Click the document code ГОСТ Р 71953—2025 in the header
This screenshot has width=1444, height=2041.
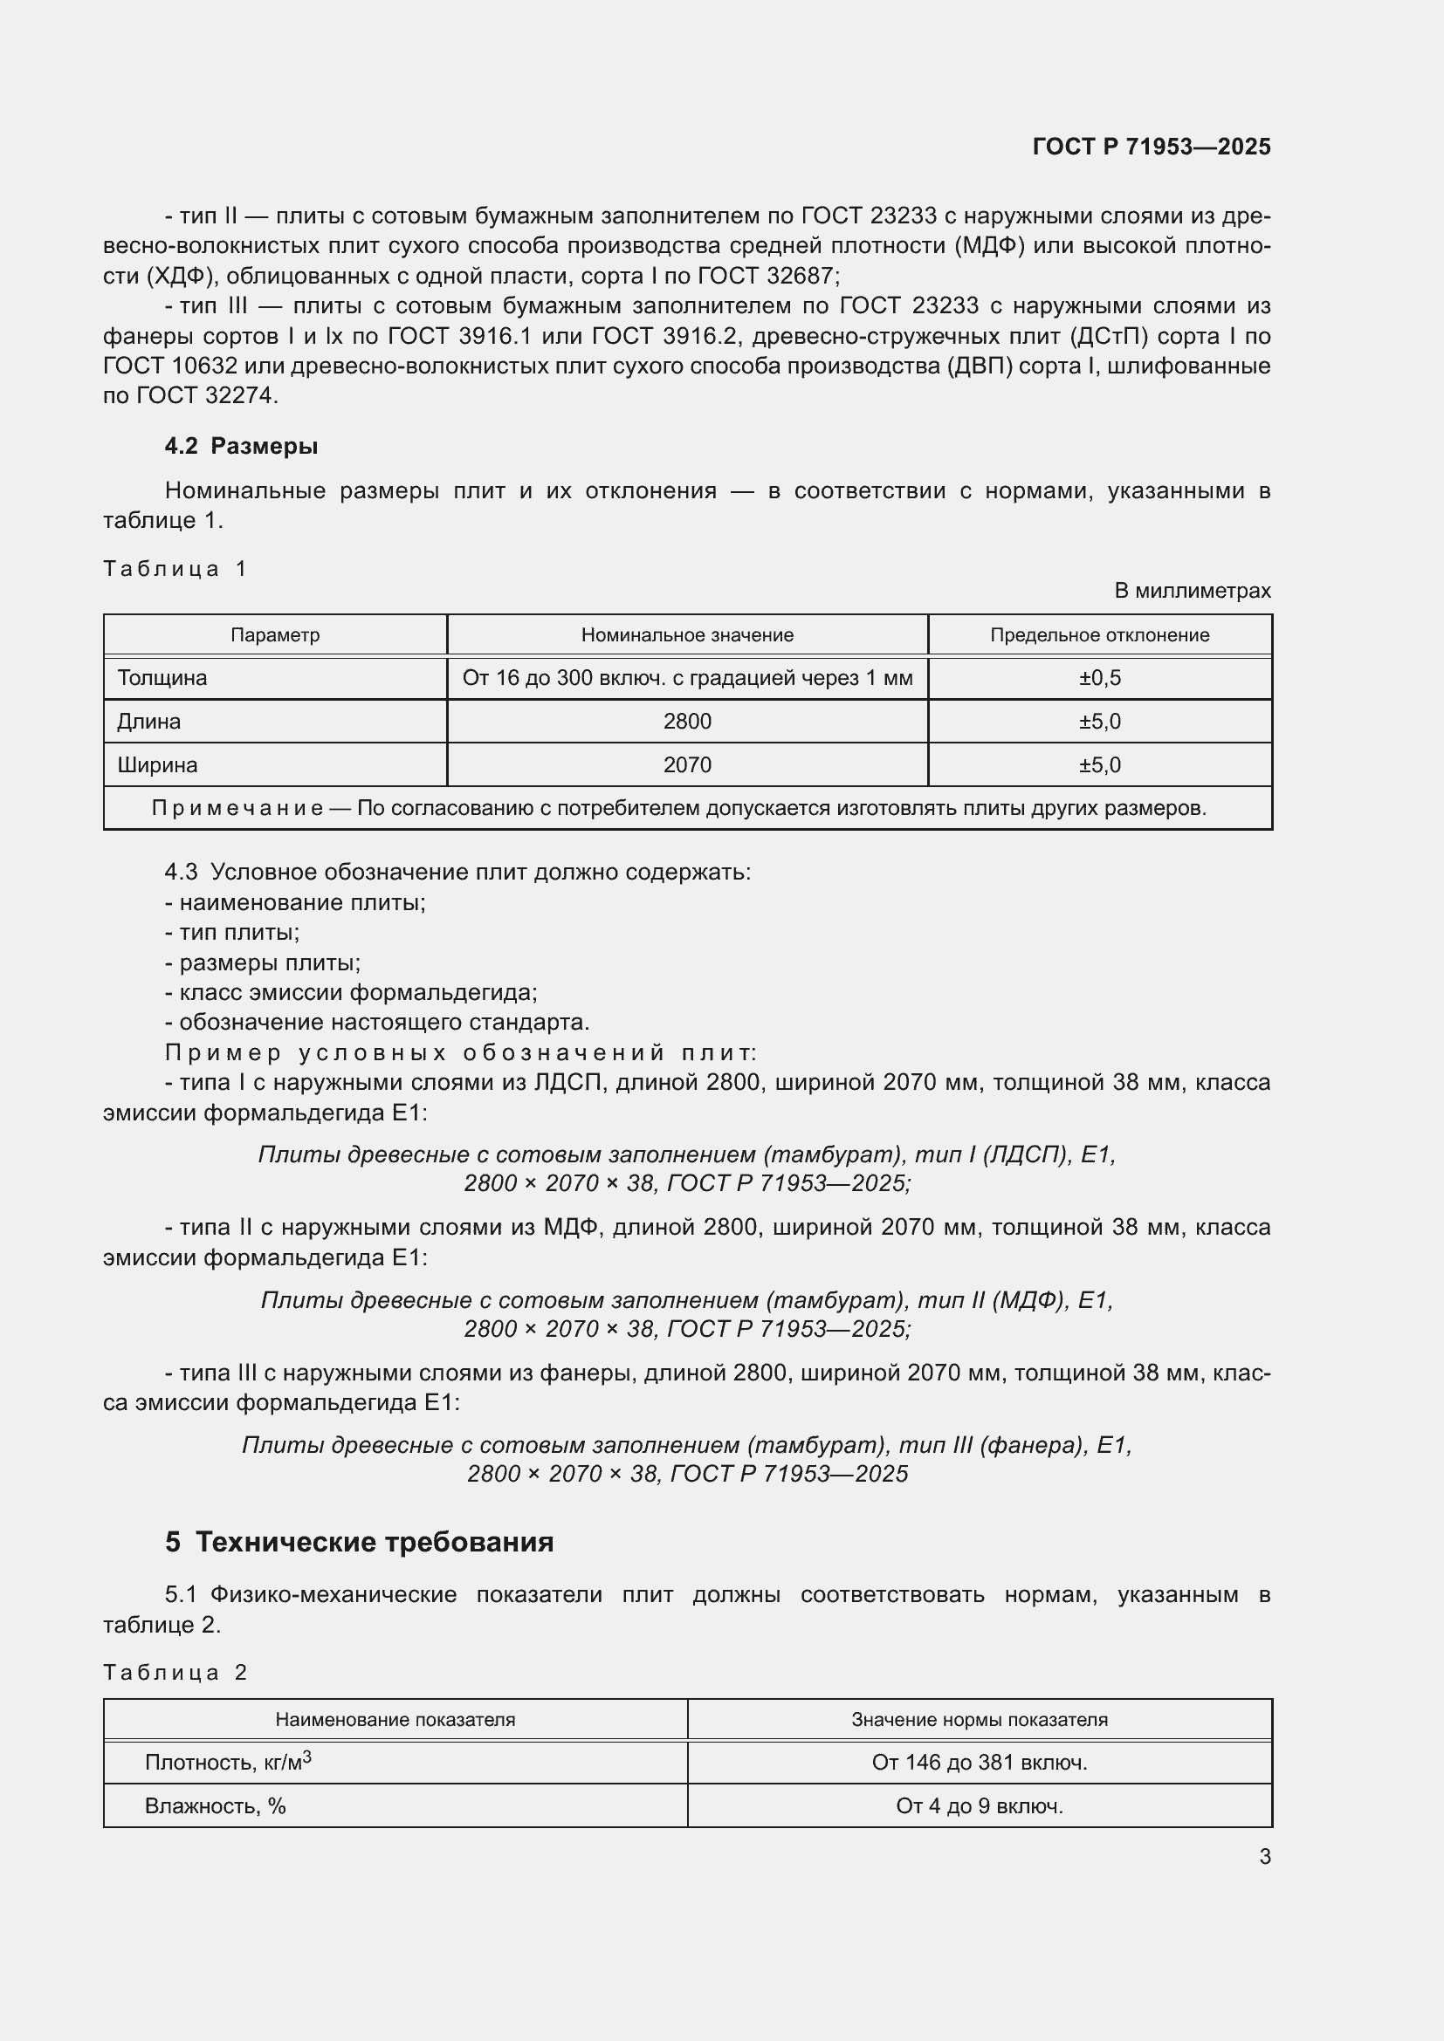(x=1151, y=147)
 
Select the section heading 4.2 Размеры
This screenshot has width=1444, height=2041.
(x=241, y=446)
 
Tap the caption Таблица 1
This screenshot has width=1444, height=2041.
(x=175, y=569)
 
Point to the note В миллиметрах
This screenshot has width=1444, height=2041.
(x=1192, y=591)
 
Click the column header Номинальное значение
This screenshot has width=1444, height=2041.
(x=686, y=635)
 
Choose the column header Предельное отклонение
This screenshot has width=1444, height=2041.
(x=1099, y=635)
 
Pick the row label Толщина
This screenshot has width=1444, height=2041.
(x=162, y=678)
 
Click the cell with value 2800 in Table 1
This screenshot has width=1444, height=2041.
(x=686, y=722)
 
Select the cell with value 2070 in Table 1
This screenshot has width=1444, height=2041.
(x=686, y=765)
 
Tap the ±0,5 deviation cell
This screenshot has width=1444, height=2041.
(x=1099, y=678)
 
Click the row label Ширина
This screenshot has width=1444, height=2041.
(x=157, y=765)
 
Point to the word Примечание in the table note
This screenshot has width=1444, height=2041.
(x=237, y=809)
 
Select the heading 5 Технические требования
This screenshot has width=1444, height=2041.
(x=359, y=1542)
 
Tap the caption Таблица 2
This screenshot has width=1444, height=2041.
(x=175, y=1673)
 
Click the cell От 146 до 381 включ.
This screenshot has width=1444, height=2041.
(x=979, y=1763)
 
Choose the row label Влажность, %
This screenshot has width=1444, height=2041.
(x=215, y=1806)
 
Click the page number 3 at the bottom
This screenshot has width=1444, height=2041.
(x=1264, y=1857)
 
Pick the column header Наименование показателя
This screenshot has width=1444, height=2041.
(x=395, y=1720)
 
